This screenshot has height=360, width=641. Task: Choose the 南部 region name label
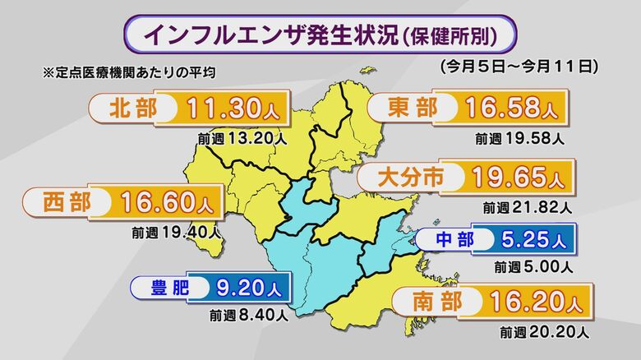pos(432,302)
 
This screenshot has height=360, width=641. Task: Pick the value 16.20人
pos(535,302)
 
